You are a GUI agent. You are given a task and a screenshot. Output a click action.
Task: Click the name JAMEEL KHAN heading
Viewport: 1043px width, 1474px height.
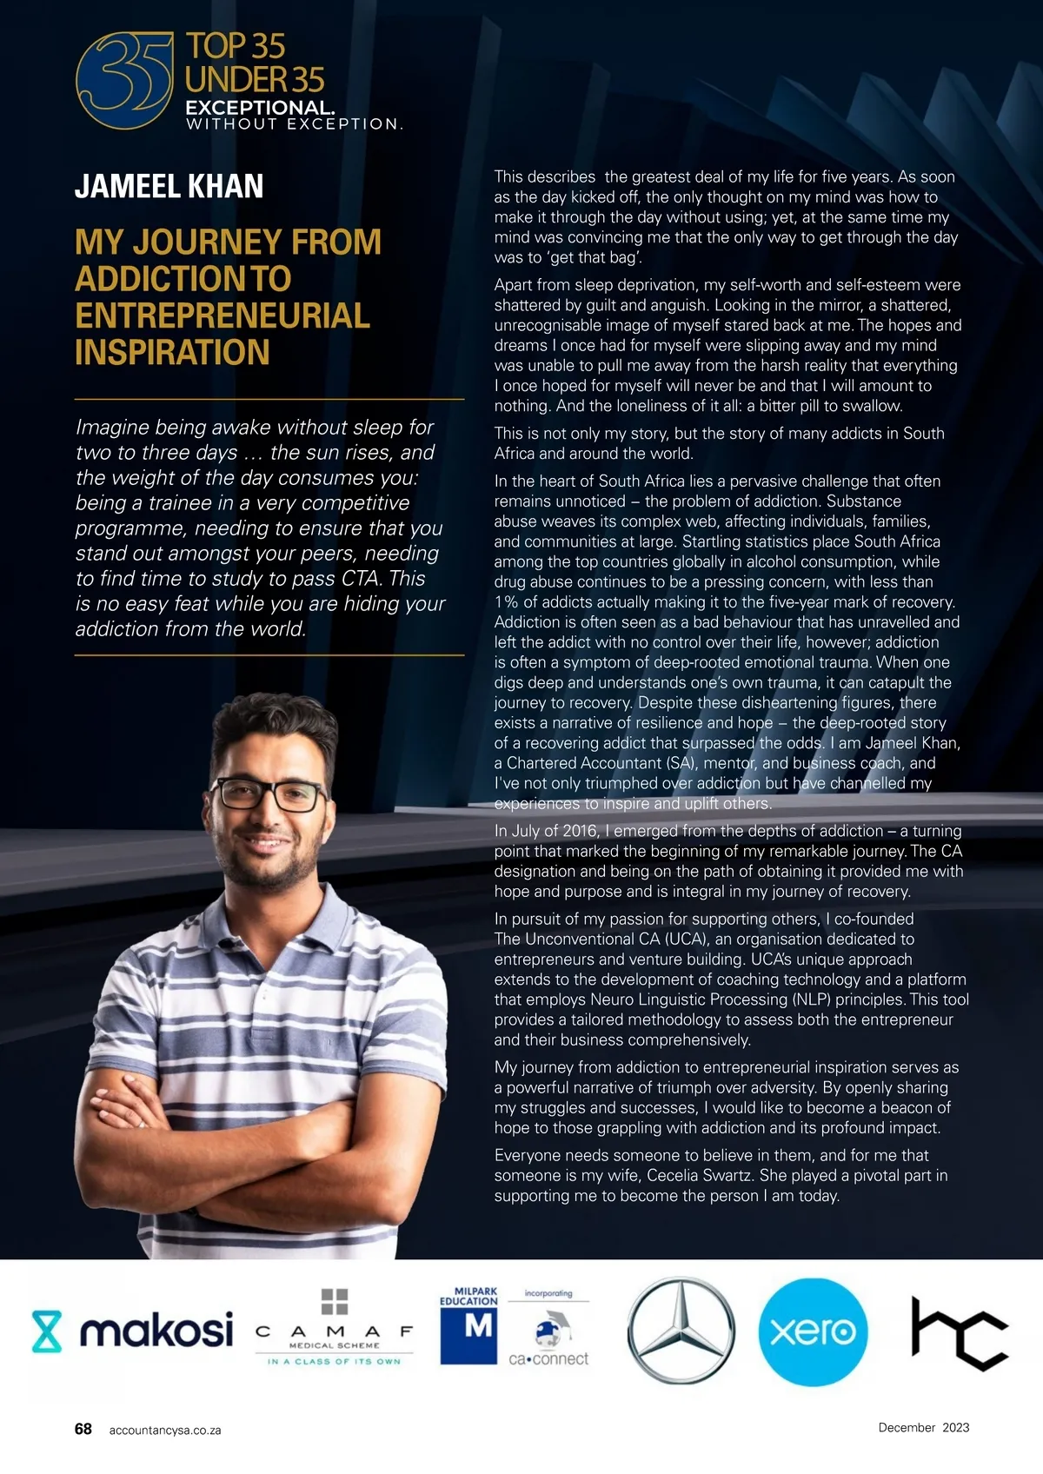pos(169,186)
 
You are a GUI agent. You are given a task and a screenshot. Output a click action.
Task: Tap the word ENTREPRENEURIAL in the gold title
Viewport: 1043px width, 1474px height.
pos(223,315)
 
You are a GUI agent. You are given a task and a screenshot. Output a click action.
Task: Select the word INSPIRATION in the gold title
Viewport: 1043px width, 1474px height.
pos(172,353)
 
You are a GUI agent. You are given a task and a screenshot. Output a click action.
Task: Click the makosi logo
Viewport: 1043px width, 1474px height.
pos(133,1331)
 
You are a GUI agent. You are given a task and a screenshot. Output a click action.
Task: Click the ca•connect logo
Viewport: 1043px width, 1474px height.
pos(548,1343)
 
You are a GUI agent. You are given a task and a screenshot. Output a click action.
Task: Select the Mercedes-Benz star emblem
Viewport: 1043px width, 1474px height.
pos(681,1331)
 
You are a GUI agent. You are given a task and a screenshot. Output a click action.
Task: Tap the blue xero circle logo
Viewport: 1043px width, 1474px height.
pos(813,1331)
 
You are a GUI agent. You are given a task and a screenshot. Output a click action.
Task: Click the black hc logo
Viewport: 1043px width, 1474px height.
pos(958,1332)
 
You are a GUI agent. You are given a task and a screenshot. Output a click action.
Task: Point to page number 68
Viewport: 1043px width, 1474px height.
pos(83,1429)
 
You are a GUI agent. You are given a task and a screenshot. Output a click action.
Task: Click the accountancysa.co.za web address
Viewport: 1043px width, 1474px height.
pos(165,1431)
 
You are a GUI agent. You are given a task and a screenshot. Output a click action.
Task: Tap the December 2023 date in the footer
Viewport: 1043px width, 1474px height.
pos(923,1427)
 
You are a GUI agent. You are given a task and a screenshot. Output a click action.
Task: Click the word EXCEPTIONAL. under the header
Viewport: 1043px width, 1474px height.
pos(259,109)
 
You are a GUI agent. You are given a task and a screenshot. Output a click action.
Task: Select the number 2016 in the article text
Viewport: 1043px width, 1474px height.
pos(580,831)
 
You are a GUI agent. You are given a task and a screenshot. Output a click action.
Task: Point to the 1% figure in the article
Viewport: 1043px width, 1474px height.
pos(506,601)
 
